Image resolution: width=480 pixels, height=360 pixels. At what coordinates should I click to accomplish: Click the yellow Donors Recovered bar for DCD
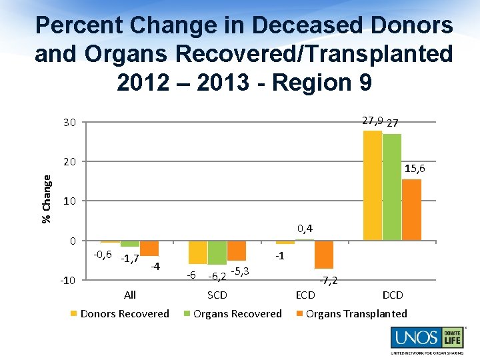click(x=373, y=185)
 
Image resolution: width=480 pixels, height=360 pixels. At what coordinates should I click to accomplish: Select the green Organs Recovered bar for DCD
click(x=392, y=187)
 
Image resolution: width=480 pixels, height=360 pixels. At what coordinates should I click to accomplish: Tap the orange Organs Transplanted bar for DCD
click(x=411, y=209)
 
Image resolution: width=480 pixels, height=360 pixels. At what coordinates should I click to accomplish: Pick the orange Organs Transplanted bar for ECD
click(x=324, y=255)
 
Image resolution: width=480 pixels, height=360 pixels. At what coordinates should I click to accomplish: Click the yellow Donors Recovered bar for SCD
click(x=198, y=252)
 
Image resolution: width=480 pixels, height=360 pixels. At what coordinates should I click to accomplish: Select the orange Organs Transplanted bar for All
click(x=149, y=248)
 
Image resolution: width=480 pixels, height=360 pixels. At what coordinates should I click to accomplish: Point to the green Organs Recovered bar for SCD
click(x=217, y=253)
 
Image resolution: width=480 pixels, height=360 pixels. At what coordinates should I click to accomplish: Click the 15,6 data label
click(x=415, y=169)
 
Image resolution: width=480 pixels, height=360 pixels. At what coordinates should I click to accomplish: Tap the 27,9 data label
click(x=371, y=121)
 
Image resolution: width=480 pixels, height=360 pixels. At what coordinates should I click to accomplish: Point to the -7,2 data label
click(x=328, y=280)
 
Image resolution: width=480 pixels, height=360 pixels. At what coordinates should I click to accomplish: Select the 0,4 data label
click(x=305, y=229)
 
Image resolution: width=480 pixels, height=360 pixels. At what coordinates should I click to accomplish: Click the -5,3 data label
click(x=240, y=271)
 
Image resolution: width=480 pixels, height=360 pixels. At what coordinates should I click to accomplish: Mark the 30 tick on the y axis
click(x=70, y=122)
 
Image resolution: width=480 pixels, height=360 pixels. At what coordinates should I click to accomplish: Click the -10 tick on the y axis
click(x=68, y=280)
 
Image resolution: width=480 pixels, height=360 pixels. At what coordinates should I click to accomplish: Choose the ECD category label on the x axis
click(x=305, y=295)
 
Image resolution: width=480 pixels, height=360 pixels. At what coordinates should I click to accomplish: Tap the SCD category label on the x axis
click(x=217, y=295)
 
